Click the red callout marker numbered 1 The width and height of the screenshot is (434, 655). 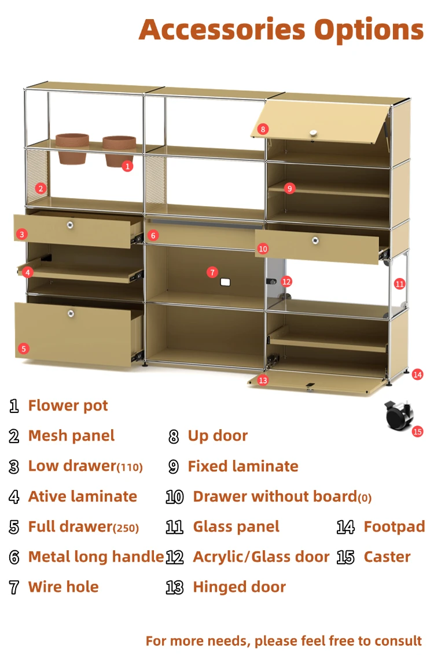(x=127, y=166)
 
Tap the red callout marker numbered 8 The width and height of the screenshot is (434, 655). (x=263, y=129)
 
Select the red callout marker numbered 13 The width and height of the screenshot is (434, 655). (x=263, y=380)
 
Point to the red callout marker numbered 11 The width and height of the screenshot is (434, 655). (x=399, y=284)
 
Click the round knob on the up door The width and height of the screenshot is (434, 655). (x=313, y=133)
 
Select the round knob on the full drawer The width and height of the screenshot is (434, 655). (x=71, y=313)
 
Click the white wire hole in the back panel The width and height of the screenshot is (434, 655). (x=225, y=283)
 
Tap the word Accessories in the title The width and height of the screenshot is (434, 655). (x=222, y=30)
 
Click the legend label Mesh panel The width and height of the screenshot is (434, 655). (x=71, y=436)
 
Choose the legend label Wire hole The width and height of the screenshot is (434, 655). (x=64, y=587)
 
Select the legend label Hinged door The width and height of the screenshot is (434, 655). (x=240, y=587)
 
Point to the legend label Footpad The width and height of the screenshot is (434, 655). (x=394, y=527)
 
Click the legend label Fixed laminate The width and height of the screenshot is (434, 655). (x=243, y=466)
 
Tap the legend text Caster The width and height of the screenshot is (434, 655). (x=387, y=557)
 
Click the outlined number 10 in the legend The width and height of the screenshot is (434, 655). (x=174, y=497)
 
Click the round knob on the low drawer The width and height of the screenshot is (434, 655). (x=70, y=225)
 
